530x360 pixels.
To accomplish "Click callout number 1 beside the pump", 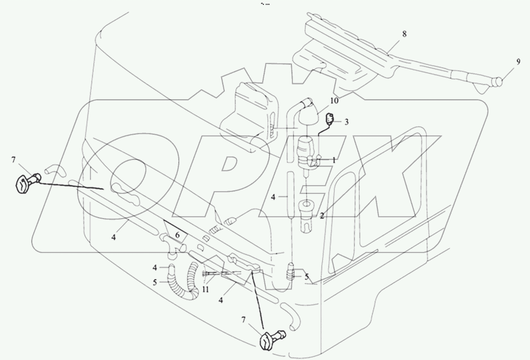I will coord(333,160).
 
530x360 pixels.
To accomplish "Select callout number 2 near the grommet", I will coord(322,216).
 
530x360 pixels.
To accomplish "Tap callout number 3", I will coord(346,122).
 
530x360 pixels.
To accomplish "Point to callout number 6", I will coord(177,235).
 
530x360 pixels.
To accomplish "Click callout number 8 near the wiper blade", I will coord(404,34).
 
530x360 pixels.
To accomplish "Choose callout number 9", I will coord(518,62).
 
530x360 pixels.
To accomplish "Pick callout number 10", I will coord(334,101).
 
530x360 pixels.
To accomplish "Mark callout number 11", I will coord(206,289).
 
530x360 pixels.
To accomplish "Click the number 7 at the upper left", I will coord(13,160).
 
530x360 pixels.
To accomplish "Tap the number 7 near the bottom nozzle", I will coord(244,320).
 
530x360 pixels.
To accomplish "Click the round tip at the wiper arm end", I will coord(499,81).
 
